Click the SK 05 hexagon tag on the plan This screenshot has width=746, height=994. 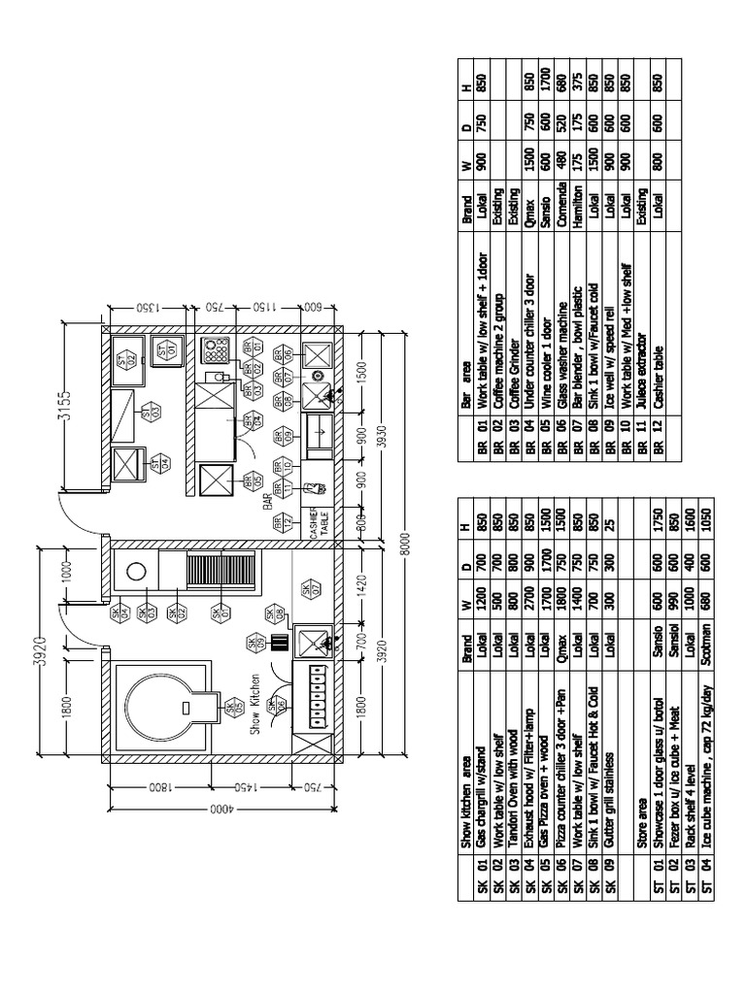pyautogui.click(x=233, y=708)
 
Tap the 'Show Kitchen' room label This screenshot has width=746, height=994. pyautogui.click(x=256, y=706)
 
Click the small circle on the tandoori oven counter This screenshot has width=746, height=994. pyautogui.click(x=135, y=569)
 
